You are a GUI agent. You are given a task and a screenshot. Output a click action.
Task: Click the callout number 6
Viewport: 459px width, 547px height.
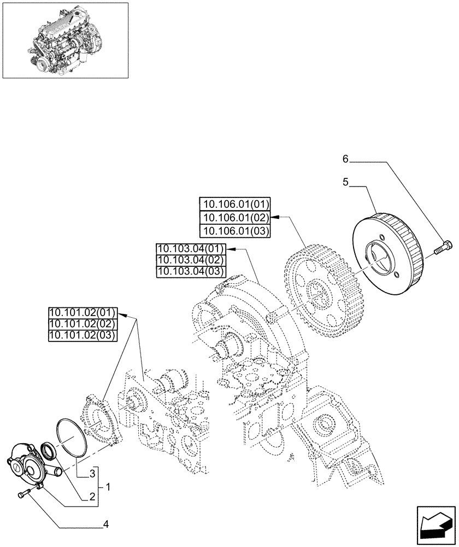tap(345, 159)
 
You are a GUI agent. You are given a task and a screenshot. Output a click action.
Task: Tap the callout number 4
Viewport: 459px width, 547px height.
tap(106, 525)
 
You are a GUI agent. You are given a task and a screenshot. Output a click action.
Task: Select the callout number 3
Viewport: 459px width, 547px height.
tap(93, 472)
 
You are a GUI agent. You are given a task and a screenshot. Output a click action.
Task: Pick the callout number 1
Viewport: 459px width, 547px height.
tap(109, 486)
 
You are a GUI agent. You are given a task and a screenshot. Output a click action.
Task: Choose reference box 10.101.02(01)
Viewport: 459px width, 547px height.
tap(83, 313)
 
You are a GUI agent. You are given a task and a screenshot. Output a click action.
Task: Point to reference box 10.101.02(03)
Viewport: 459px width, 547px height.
tap(83, 336)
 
